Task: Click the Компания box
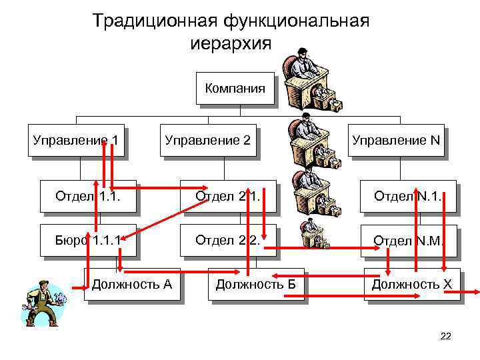235,88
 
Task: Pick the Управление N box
395,140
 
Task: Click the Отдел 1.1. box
89,196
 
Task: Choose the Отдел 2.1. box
227,196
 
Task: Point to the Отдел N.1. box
407,196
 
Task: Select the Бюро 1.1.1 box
89,240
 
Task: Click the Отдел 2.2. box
227,240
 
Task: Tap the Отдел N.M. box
407,240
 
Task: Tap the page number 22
446,336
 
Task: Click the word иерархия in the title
231,45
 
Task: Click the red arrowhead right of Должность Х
475,292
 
